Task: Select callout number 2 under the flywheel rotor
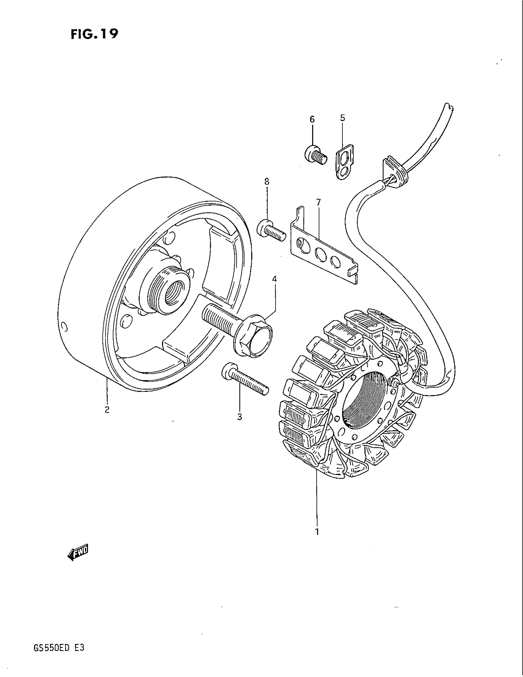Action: click(107, 410)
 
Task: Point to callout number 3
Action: click(239, 417)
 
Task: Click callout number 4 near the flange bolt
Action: click(274, 279)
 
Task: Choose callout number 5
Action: click(342, 118)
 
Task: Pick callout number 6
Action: click(312, 119)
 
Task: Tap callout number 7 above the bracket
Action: click(318, 202)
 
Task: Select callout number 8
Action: click(267, 182)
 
